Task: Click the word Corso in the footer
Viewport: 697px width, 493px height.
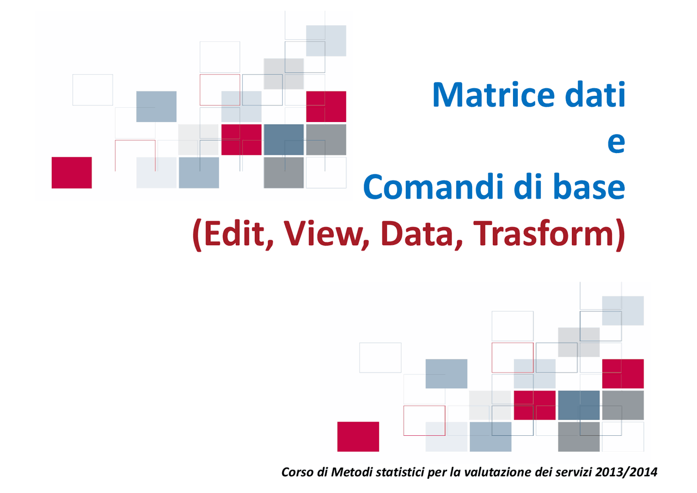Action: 297,472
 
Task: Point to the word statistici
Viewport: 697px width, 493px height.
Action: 400,472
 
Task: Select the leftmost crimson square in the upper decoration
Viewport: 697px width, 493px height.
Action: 71,172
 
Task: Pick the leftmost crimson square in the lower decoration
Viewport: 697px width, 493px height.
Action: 358,436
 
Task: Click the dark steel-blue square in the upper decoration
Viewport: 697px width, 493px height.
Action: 283,139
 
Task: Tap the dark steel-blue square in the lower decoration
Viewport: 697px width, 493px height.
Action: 578,405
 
